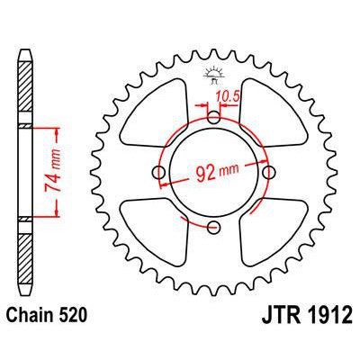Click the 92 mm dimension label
tap(212, 168)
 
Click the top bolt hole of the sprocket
tap(213, 117)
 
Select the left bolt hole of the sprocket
tap(159, 172)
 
